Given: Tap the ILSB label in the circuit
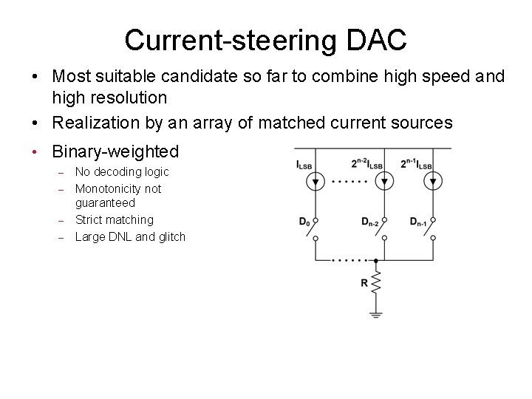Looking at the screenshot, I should [305, 164].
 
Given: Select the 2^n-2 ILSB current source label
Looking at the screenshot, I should [367, 164].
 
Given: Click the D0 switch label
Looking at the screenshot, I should [304, 221].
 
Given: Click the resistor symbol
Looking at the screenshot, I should [376, 283].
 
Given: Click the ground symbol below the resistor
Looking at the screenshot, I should [376, 314].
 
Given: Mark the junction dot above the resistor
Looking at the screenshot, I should [376, 260].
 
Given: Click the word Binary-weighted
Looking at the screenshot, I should [115, 151].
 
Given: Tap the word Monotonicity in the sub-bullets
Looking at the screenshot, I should [109, 188].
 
